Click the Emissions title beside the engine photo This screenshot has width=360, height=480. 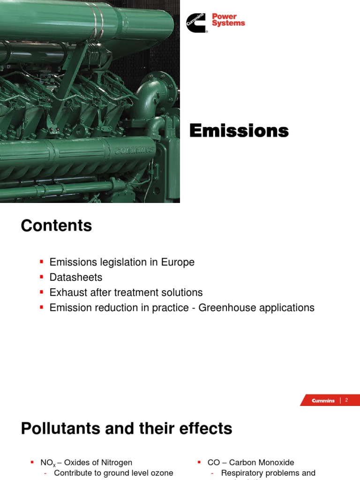(x=239, y=131)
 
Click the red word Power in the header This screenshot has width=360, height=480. (x=224, y=16)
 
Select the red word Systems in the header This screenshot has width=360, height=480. (x=228, y=23)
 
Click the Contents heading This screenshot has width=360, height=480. (x=56, y=226)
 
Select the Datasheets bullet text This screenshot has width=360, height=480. (x=76, y=277)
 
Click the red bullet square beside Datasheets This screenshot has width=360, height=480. (x=41, y=277)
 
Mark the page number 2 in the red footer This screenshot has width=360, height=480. (x=346, y=400)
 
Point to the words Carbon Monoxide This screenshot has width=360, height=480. (x=262, y=462)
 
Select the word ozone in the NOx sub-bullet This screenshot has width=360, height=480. (x=162, y=473)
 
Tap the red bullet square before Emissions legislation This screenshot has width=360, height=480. (x=41, y=262)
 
